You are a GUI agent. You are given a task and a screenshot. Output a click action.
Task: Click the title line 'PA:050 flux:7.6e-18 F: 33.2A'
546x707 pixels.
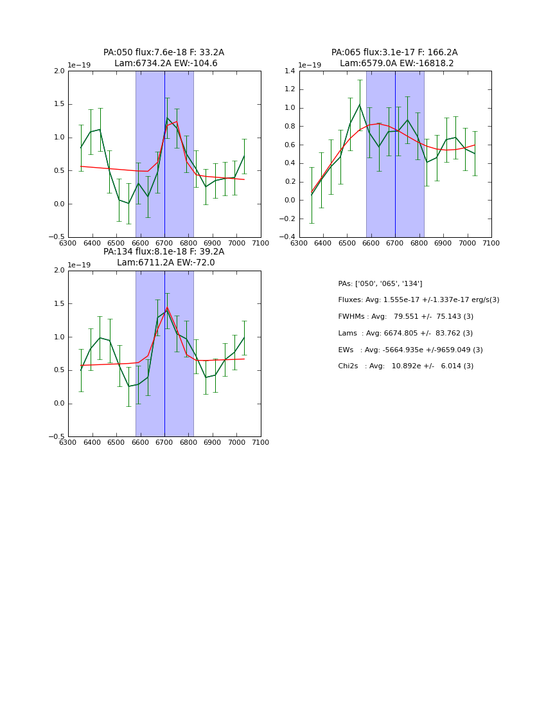164,53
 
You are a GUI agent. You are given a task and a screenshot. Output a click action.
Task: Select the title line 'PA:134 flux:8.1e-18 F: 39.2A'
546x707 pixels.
164,252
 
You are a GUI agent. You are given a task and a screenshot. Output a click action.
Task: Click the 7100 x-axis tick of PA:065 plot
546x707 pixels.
491,243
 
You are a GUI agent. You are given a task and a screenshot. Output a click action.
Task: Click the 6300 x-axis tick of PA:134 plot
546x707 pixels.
68,442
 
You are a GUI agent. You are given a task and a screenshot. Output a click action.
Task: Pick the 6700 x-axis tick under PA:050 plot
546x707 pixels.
164,243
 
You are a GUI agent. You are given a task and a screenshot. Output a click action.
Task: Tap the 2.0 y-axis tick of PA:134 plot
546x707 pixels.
59,271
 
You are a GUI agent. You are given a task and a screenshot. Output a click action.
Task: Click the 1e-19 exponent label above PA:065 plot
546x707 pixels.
310,66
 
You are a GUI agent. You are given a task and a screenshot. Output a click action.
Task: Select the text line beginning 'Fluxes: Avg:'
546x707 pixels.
418,300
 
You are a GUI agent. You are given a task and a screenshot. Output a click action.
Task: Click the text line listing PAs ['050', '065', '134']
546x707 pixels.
380,283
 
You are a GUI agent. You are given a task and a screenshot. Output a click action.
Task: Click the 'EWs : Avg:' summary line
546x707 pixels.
410,350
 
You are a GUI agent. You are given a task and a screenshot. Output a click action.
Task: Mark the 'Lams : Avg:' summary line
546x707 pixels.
405,333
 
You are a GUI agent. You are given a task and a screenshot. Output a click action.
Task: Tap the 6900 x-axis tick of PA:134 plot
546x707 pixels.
213,442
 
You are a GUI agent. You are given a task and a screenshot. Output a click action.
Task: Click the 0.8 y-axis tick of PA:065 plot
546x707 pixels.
290,126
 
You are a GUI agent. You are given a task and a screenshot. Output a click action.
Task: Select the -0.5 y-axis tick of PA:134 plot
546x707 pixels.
58,436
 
